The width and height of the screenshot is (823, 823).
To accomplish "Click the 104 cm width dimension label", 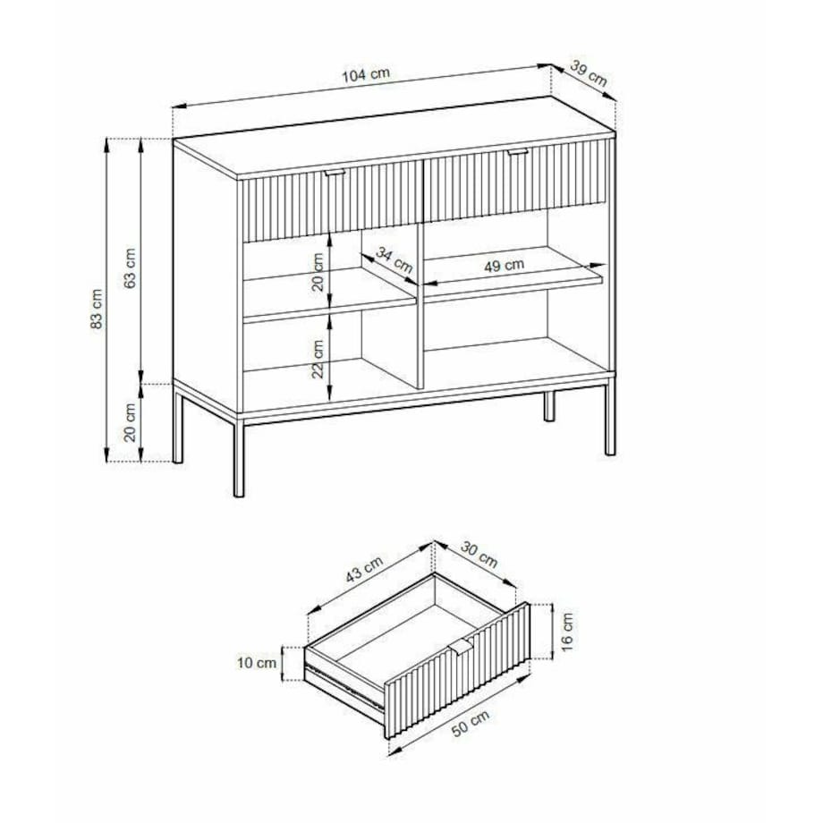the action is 366,74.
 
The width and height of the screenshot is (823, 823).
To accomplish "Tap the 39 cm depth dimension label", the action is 589,73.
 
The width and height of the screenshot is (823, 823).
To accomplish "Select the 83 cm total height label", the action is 98,310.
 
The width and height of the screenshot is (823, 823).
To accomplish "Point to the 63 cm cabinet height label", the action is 131,267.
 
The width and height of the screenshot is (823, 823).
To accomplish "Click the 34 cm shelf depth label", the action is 395,260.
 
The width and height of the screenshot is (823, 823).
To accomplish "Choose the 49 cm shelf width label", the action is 504,266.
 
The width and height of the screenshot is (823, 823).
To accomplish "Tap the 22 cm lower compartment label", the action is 318,359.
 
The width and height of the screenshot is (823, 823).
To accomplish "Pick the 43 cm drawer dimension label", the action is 364,569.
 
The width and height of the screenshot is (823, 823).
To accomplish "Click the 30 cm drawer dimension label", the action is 479,555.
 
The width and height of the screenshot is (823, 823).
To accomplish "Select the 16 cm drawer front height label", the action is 567,632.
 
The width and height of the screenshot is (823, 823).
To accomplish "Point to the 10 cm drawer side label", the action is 257,663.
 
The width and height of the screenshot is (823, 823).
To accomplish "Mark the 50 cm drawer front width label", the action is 471,724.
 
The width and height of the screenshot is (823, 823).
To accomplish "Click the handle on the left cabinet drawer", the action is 334,172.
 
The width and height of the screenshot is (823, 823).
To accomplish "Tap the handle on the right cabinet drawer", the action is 518,152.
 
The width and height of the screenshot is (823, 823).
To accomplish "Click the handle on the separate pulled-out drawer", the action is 462,647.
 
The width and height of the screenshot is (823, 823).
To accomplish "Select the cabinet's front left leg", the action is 239,458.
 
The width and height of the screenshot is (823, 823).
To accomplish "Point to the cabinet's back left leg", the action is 178,426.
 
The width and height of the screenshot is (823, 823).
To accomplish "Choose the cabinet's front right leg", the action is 610,420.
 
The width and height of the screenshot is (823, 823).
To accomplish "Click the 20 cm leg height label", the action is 131,422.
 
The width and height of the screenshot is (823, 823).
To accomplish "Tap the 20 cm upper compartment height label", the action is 318,272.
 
